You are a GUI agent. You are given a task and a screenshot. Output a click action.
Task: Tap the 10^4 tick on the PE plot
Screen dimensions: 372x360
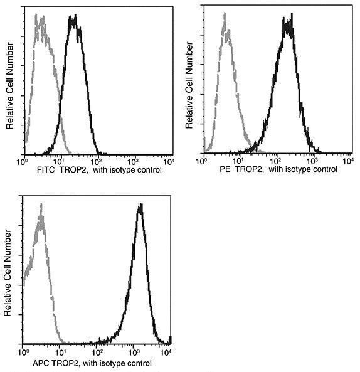[x=347, y=162]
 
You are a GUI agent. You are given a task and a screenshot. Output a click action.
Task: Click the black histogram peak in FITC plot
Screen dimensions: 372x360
[x=73, y=20]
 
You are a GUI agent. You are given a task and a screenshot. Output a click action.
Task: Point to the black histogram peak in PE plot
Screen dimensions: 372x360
[x=288, y=24]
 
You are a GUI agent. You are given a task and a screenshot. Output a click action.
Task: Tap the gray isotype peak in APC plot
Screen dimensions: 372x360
[x=41, y=216]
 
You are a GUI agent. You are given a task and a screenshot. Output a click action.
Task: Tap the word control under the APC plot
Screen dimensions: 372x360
[x=137, y=363]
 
